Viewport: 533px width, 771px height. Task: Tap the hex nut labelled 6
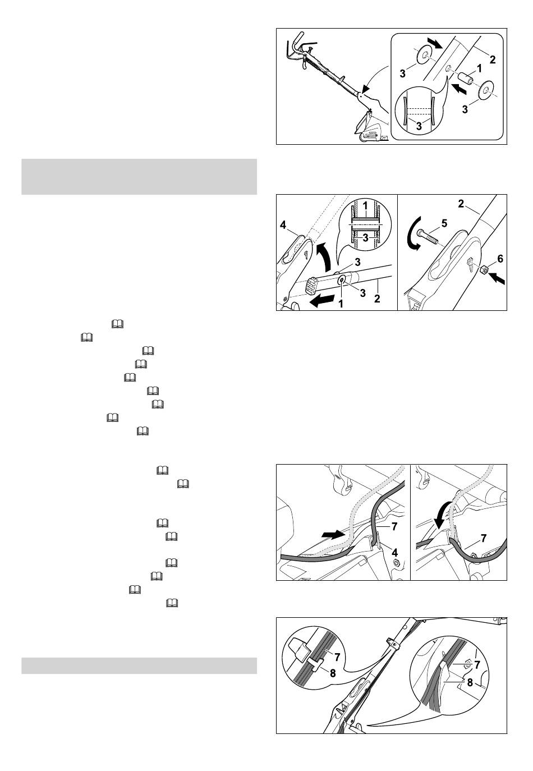pyautogui.click(x=483, y=269)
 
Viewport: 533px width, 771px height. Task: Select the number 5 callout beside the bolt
pyautogui.click(x=444, y=223)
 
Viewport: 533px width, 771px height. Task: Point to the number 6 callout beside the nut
pyautogui.click(x=500, y=259)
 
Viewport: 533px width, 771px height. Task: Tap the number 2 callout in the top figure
pyautogui.click(x=493, y=59)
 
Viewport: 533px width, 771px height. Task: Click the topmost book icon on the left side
pyautogui.click(x=117, y=324)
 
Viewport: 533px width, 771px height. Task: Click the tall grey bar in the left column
pyautogui.click(x=139, y=177)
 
